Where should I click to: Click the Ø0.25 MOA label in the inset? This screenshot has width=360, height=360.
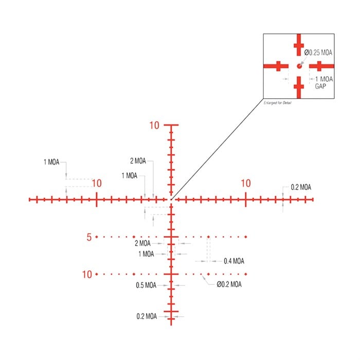pos(318,52)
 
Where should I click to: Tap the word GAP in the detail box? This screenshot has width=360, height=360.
pos(320,86)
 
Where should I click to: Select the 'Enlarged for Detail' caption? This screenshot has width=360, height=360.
pos(277,103)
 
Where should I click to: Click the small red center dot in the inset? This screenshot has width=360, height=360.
pos(299,66)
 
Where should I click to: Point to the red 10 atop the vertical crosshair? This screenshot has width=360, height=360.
pos(154,125)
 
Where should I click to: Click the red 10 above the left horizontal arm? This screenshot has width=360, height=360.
pos(97,183)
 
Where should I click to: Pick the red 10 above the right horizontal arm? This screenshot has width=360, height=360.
pos(246,183)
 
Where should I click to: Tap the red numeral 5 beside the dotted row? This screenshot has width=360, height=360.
pos(89,237)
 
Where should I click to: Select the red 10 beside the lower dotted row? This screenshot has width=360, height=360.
pos(87,274)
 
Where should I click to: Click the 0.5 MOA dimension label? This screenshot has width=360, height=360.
pos(146,285)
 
